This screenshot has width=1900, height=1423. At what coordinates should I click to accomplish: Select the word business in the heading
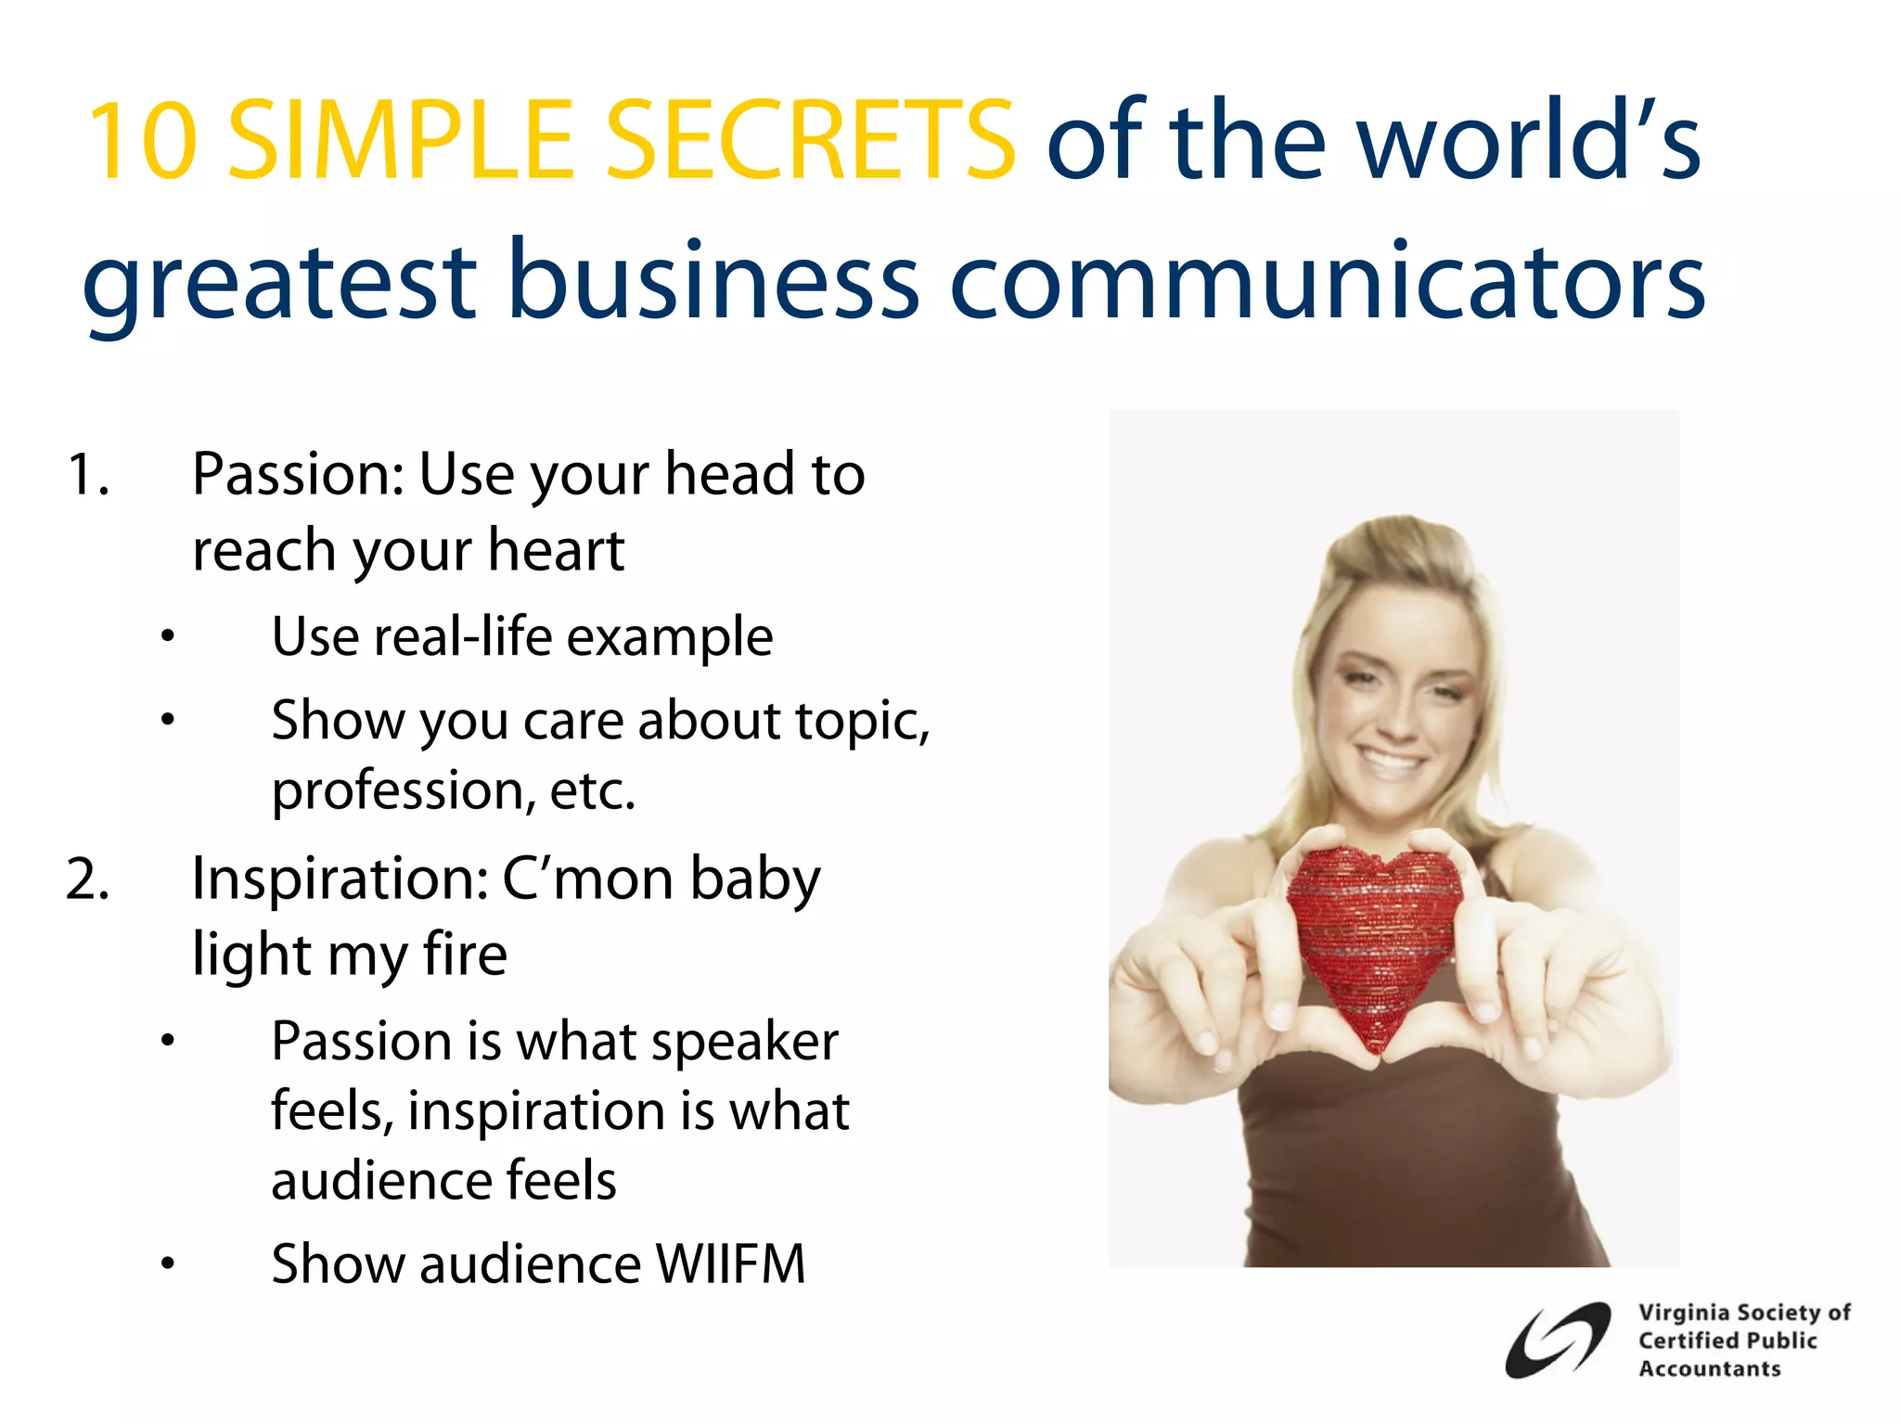tap(713, 280)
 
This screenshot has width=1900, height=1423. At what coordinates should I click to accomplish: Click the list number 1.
tap(87, 475)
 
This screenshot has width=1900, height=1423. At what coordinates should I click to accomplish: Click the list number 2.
tap(87, 879)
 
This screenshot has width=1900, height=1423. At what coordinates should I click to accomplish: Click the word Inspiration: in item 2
tap(340, 879)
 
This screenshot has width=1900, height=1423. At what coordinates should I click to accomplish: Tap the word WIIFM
tap(730, 1263)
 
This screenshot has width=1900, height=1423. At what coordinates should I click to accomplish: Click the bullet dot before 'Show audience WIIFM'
tap(167, 1263)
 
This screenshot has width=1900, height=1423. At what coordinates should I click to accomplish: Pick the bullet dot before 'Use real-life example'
tap(167, 637)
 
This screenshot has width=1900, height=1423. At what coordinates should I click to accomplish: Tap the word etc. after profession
tap(593, 790)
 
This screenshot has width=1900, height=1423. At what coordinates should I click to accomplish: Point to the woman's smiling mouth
tap(1388, 765)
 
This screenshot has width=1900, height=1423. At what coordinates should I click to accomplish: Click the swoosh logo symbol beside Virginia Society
tap(1557, 1340)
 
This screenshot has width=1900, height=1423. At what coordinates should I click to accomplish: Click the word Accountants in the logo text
tap(1709, 1369)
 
